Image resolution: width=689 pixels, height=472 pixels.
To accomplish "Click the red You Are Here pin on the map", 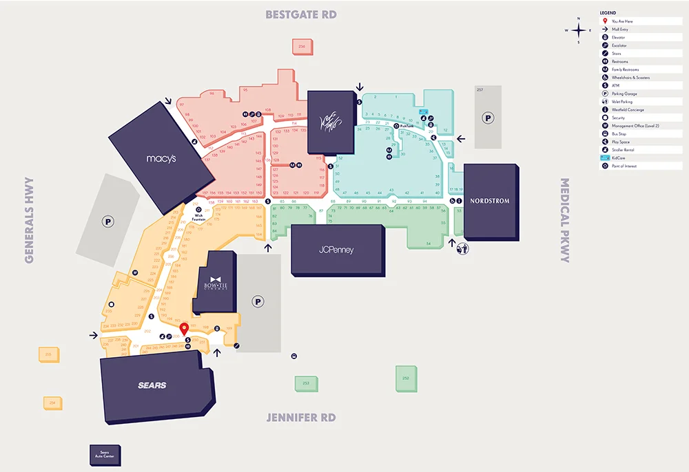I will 184,329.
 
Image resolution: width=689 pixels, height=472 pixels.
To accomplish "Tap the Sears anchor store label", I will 152,385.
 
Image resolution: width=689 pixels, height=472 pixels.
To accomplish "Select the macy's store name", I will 161,158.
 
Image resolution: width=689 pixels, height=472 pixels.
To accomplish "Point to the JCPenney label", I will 336,250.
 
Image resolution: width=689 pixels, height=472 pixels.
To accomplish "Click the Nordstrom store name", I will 490,201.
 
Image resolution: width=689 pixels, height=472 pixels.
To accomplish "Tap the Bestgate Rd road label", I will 301,14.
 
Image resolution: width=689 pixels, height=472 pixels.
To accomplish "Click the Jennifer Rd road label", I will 301,418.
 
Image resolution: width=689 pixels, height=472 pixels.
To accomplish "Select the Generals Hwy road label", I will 30,220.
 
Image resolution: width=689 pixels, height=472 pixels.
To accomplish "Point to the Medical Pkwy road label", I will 565,220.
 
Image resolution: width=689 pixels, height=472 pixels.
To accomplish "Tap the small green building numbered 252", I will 406,378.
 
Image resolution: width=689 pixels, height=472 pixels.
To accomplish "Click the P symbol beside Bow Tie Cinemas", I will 258,301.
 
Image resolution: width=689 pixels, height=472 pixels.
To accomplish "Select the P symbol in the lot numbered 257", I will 488,118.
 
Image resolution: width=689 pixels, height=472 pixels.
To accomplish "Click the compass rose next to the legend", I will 579,30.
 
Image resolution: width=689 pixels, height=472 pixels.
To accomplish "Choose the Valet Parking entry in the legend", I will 624,102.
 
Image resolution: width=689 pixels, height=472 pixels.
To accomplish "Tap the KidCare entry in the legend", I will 620,158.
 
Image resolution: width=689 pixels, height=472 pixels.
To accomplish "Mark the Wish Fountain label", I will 199,217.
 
